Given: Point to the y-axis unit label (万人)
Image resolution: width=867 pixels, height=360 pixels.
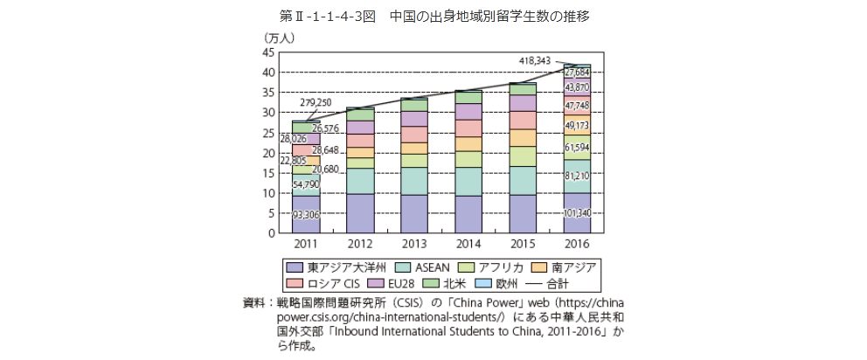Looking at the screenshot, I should point(281,39).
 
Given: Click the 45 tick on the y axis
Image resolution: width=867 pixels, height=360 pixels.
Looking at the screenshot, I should point(268,52).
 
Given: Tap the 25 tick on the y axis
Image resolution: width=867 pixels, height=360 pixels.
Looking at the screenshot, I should point(268,133).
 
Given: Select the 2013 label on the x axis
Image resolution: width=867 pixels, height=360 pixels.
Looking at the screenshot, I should point(413,244).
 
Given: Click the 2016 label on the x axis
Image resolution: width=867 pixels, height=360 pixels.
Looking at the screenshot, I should point(575,244).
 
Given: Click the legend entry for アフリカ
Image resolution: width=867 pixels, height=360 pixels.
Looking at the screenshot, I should point(505,267).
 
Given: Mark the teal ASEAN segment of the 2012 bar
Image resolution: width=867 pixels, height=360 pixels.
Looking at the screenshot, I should point(359,180).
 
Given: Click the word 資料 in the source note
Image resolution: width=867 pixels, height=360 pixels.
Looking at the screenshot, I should point(255,302).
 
